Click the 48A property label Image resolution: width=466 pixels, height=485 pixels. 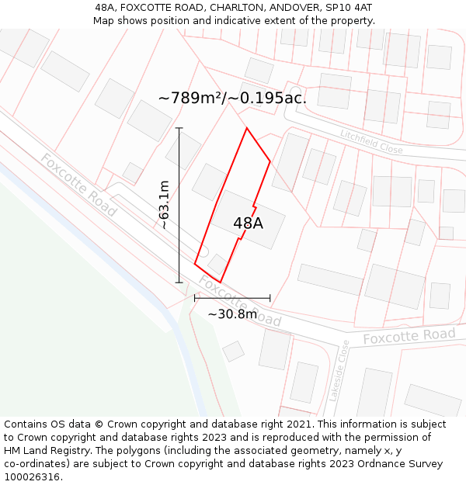248,223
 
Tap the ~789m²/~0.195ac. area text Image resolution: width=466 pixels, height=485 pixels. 232,98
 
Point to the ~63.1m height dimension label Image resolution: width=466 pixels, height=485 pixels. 164,205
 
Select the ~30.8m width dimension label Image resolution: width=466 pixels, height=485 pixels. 231,314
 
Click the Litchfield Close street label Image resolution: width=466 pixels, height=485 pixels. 371,141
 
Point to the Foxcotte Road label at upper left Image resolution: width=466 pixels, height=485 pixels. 78,185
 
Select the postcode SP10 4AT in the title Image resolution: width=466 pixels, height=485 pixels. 349,7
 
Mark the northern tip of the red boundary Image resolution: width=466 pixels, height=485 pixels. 246,128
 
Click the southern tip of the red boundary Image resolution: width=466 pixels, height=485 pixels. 220,282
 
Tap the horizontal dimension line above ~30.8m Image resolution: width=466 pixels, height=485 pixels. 232,297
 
